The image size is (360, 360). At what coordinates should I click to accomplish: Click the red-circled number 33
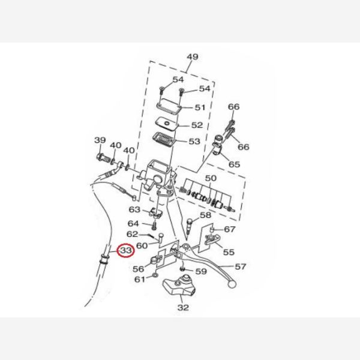(x=126, y=250)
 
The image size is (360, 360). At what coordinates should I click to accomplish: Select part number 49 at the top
(x=192, y=58)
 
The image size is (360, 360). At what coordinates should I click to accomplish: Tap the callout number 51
(x=199, y=108)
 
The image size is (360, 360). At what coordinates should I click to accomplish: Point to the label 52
(x=197, y=126)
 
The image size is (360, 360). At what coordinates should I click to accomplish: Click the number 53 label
(x=194, y=142)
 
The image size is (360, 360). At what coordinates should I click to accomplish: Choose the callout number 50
(x=210, y=179)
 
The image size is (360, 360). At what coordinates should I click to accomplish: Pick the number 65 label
(x=233, y=164)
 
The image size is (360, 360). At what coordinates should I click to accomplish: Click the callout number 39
(x=100, y=140)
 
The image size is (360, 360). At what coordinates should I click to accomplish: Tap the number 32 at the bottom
(x=183, y=308)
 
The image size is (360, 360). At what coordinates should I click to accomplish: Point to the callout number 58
(x=205, y=215)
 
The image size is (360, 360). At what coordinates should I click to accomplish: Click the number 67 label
(x=230, y=229)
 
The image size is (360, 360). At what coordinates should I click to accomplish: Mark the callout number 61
(x=139, y=280)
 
